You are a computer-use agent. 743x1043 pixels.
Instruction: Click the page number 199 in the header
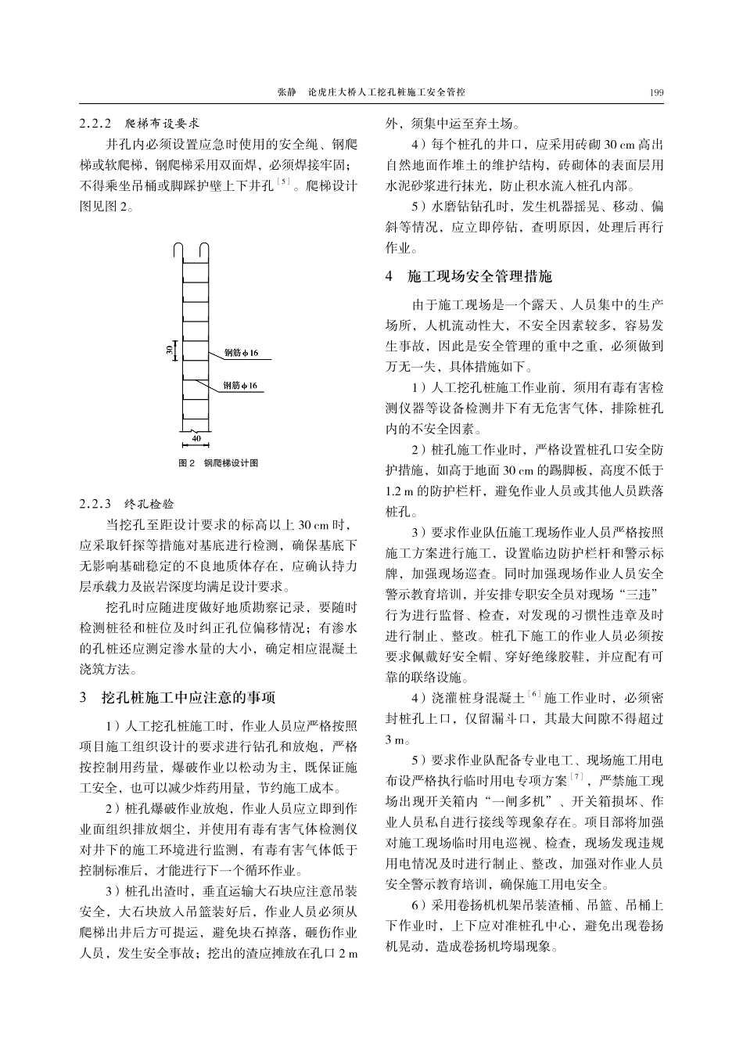click(656, 93)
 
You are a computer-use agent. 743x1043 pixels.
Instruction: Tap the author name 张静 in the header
click(287, 93)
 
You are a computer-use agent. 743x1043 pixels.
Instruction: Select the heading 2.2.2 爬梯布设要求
click(140, 124)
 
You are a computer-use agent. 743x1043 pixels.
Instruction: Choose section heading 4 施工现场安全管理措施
click(468, 277)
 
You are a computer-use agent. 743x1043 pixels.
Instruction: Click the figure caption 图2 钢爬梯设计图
click(218, 463)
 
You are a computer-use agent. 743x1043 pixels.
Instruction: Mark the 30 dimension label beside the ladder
click(169, 350)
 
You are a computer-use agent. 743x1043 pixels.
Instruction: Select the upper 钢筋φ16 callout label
click(241, 354)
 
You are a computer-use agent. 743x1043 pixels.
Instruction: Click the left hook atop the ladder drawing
click(180, 250)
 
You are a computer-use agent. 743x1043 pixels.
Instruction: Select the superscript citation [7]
click(577, 777)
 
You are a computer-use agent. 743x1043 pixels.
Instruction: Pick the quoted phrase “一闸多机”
click(511, 801)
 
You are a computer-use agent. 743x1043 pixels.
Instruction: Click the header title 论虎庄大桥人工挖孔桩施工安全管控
click(386, 93)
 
